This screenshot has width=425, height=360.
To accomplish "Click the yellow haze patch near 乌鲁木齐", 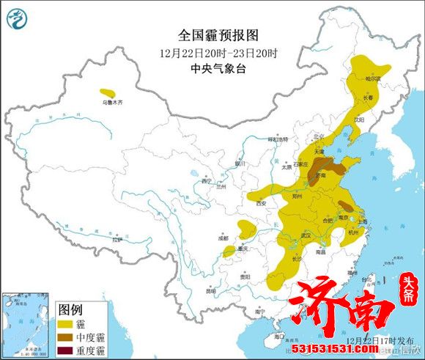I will point(108,92).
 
